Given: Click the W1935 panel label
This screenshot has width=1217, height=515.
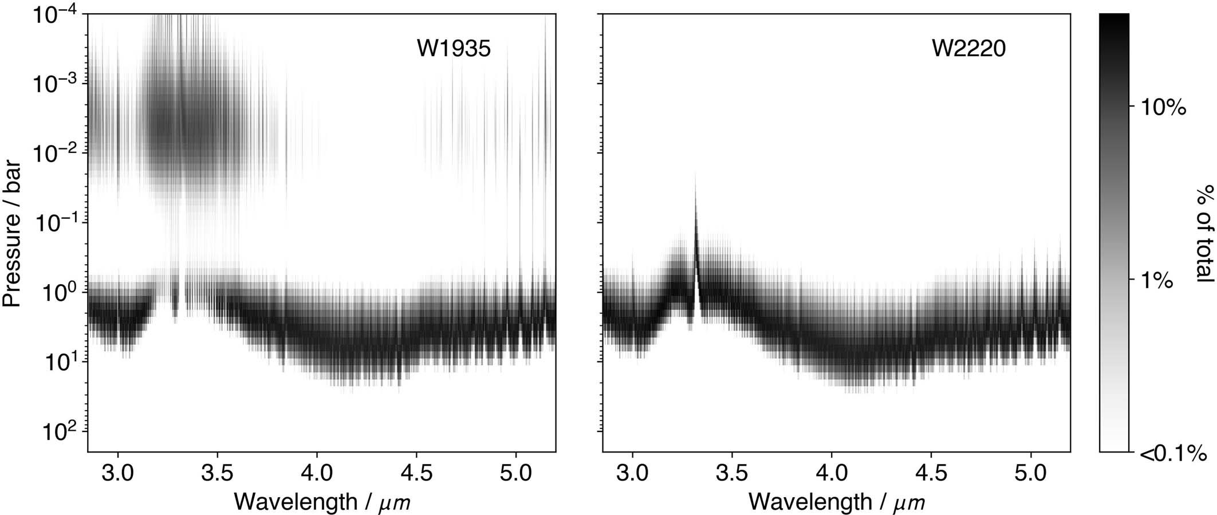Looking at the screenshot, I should (454, 49).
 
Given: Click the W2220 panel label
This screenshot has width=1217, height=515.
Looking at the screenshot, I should (968, 49).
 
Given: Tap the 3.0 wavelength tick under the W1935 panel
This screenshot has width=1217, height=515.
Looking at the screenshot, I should (117, 474).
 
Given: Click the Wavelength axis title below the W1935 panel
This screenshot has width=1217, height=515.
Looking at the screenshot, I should (322, 502).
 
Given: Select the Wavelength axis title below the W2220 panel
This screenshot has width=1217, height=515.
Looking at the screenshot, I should (837, 502).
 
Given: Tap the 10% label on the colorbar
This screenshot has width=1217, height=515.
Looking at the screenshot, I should (1163, 107).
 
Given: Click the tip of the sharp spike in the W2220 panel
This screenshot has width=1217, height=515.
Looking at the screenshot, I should (695, 171).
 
